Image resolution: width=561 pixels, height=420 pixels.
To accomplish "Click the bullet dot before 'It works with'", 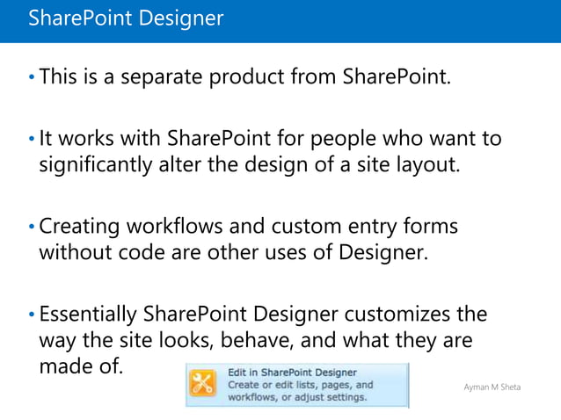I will (x=32, y=140).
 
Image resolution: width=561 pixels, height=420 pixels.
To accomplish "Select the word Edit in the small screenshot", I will (x=238, y=372).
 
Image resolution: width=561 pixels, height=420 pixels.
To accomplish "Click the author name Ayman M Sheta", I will (x=492, y=387).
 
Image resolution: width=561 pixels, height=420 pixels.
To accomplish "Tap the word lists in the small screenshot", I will (x=303, y=385).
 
